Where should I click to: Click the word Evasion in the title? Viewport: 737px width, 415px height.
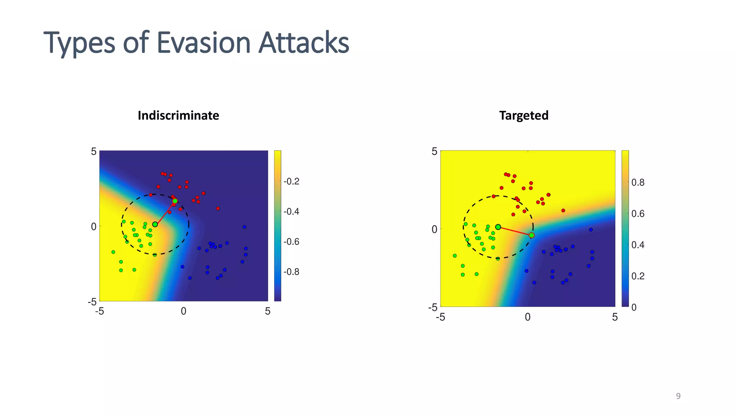coord(203,43)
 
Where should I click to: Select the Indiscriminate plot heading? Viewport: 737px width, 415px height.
coord(178,115)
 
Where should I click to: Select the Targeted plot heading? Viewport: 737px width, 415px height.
coord(524,115)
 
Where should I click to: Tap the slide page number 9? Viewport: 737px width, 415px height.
coord(678,396)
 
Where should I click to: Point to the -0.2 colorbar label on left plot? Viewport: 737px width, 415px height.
coord(291,181)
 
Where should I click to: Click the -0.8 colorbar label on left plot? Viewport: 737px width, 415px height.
coord(291,272)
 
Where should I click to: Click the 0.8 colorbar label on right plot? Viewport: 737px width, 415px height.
coord(638,183)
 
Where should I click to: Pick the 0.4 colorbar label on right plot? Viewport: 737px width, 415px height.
coord(638,245)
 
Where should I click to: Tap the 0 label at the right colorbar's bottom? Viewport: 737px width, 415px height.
coord(634,307)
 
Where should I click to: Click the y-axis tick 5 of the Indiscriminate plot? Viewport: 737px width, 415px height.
coord(94,151)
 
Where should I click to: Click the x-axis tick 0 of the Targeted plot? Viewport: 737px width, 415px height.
coord(528,317)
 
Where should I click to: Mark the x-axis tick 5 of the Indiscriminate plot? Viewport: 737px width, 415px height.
coord(267,312)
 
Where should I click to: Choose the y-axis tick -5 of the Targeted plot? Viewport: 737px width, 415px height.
coord(433,307)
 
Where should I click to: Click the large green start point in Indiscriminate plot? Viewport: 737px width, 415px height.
coord(155,224)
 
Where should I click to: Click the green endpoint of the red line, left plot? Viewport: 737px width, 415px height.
coord(175,201)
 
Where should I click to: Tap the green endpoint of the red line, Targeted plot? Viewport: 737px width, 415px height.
coord(532,235)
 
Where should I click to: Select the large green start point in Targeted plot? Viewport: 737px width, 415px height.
coord(498,227)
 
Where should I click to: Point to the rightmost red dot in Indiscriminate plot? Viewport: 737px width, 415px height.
coord(218,209)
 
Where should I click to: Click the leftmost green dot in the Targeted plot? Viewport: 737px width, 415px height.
coord(455,256)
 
